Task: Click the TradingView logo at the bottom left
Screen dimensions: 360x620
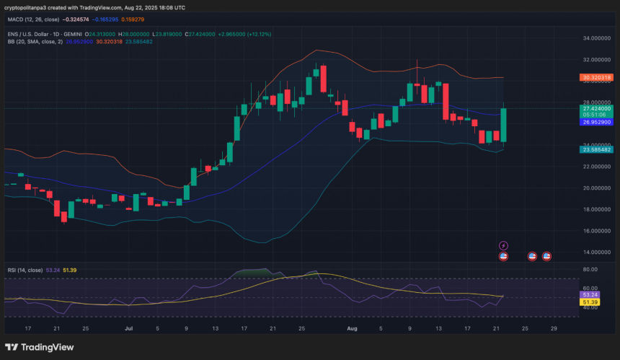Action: [39, 348]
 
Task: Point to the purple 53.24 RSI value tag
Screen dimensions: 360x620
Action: [590, 294]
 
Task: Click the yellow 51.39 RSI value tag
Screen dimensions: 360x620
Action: [590, 302]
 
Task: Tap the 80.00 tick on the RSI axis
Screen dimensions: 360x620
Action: [590, 270]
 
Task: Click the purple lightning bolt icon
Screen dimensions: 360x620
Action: [503, 245]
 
